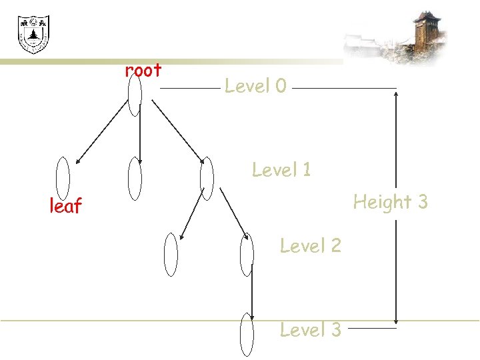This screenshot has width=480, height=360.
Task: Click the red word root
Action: pyautogui.click(x=143, y=70)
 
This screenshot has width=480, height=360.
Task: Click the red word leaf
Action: pyautogui.click(x=65, y=207)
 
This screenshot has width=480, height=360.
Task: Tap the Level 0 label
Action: pyautogui.click(x=255, y=86)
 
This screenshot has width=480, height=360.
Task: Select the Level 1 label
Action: pyautogui.click(x=281, y=170)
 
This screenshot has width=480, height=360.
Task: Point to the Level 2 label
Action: pyautogui.click(x=310, y=246)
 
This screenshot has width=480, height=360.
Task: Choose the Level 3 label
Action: pyautogui.click(x=310, y=329)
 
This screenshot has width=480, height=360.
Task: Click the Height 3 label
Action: pyautogui.click(x=390, y=201)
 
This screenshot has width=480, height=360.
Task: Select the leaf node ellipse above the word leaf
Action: pyautogui.click(x=63, y=178)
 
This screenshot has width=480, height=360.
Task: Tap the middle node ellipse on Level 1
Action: pyautogui.click(x=135, y=178)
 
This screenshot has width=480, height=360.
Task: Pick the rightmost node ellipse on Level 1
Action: pyautogui.click(x=207, y=178)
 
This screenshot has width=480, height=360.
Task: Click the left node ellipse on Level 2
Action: pyautogui.click(x=171, y=254)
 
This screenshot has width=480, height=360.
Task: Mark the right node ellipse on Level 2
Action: pyautogui.click(x=247, y=254)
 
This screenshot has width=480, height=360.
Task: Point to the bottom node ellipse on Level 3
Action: pyautogui.click(x=247, y=334)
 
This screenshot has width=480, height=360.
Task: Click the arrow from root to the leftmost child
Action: pyautogui.click(x=100, y=133)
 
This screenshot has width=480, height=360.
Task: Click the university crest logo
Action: pyautogui.click(x=33, y=35)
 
